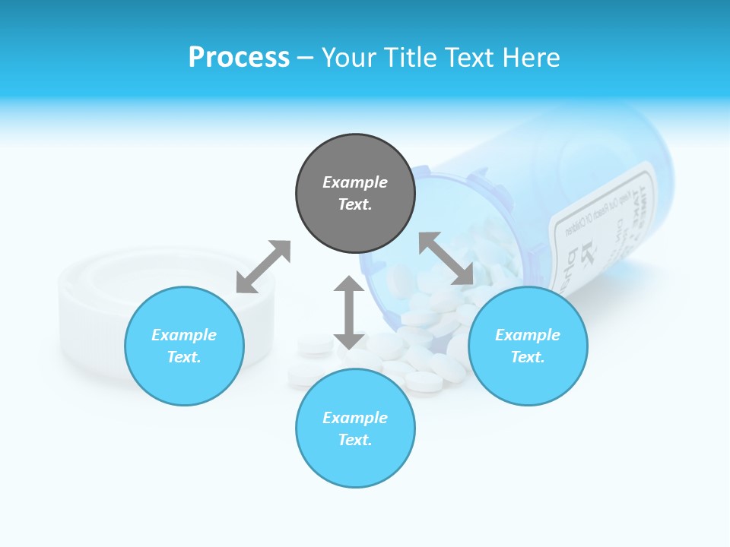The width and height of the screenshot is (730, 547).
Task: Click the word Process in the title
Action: click(239, 58)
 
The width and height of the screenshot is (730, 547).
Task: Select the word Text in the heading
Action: click(468, 58)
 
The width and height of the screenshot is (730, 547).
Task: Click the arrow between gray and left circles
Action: click(263, 267)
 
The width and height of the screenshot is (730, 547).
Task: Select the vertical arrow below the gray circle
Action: click(349, 312)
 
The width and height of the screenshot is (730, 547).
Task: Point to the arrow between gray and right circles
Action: click(446, 258)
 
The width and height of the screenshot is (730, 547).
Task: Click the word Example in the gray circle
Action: click(355, 182)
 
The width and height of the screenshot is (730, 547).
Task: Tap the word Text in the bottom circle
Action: click(355, 440)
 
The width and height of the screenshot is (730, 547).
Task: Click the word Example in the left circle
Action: click(184, 335)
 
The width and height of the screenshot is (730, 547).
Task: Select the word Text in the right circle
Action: click(528, 357)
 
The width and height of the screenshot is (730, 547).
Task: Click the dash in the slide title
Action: click(306, 58)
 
